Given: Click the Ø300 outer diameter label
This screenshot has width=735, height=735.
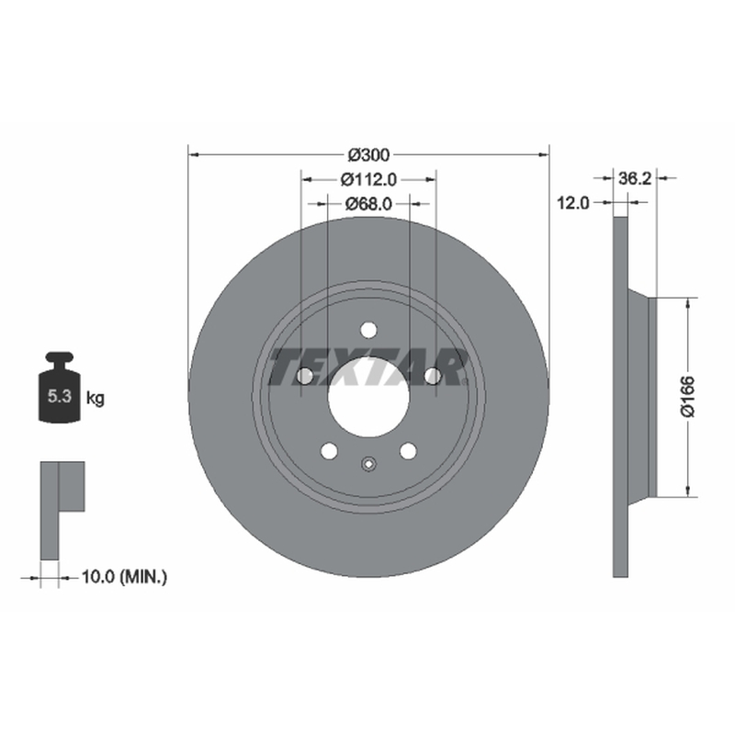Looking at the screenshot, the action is [368, 154].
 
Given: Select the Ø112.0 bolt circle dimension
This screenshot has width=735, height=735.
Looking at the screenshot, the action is [368, 179].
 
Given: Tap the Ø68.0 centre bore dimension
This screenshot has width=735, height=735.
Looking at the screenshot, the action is [368, 204].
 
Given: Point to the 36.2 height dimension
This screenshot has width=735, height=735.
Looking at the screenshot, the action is [635, 178].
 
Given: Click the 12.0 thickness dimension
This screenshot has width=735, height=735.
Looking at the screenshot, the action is [572, 203].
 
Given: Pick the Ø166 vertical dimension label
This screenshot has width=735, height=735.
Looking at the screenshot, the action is [688, 397].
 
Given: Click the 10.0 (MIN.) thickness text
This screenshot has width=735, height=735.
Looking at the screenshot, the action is [124, 577].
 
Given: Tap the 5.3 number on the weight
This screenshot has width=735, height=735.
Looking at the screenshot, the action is [60, 397].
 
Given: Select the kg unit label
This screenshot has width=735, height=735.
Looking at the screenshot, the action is [96, 399].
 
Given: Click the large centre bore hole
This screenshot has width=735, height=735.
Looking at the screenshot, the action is [368, 397].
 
